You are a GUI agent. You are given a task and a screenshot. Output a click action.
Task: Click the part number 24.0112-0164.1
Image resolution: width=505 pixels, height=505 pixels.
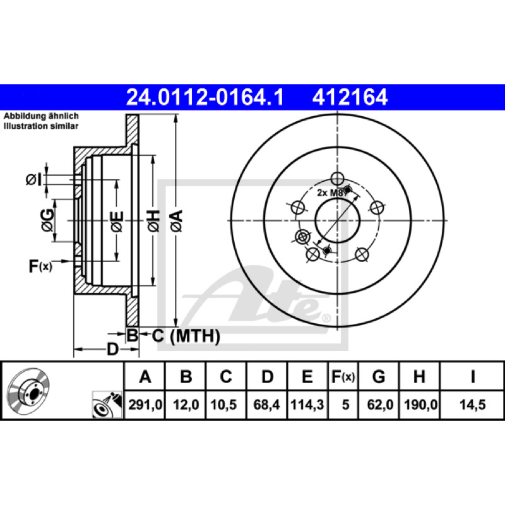pyautogui.click(x=205, y=97)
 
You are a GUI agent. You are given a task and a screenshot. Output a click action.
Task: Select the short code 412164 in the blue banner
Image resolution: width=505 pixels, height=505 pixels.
pyautogui.click(x=350, y=97)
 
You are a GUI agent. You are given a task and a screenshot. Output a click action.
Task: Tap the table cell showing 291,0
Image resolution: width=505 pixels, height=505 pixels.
pyautogui.click(x=145, y=405)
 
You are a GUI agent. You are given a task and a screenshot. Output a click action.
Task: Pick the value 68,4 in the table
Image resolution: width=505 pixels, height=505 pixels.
pyautogui.click(x=266, y=405)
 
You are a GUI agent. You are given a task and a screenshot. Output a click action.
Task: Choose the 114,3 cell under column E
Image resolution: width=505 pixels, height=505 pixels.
pyautogui.click(x=307, y=405)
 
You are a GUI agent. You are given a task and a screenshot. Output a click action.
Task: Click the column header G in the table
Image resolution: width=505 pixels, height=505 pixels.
pyautogui.click(x=378, y=376)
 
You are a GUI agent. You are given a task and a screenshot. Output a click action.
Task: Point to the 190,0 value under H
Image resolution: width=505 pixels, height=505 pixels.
pyautogui.click(x=420, y=405)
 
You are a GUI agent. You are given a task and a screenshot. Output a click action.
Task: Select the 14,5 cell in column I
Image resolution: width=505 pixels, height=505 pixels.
pyautogui.click(x=472, y=405)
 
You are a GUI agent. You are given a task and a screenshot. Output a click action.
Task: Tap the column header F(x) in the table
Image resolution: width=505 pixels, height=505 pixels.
pyautogui.click(x=343, y=376)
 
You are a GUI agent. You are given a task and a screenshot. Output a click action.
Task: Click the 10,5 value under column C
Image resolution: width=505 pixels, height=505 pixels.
pyautogui.click(x=223, y=405)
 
